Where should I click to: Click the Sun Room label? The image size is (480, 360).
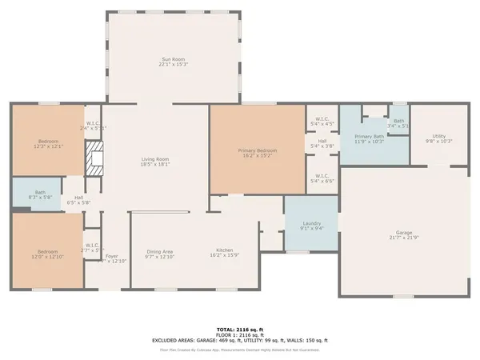tap(174, 61)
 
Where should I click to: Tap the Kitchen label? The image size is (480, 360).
tap(224, 254)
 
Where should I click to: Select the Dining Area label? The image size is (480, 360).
tap(160, 254)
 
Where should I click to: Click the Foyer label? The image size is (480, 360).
tap(111, 258)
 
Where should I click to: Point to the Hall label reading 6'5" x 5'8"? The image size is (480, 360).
tap(78, 201)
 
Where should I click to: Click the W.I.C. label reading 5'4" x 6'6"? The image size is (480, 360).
tap(322, 178)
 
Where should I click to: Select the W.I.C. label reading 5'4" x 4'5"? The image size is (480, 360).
tap(322, 122)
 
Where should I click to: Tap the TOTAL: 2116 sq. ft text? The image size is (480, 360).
tap(239, 329)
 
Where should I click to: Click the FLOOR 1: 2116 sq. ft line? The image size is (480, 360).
tap(239, 334)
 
